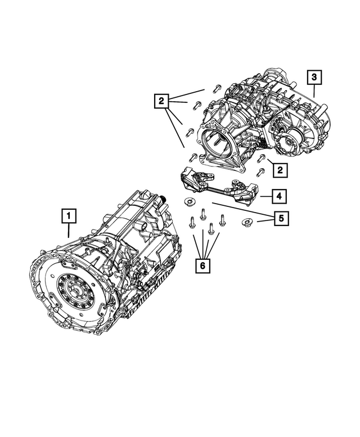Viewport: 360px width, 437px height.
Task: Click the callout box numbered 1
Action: [x=68, y=215]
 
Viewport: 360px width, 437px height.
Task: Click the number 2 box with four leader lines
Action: [x=162, y=102]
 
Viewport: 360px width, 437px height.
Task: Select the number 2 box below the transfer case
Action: [x=278, y=168]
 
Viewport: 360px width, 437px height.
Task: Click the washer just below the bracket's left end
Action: [x=189, y=202]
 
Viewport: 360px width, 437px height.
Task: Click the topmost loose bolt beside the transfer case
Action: [x=217, y=89]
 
